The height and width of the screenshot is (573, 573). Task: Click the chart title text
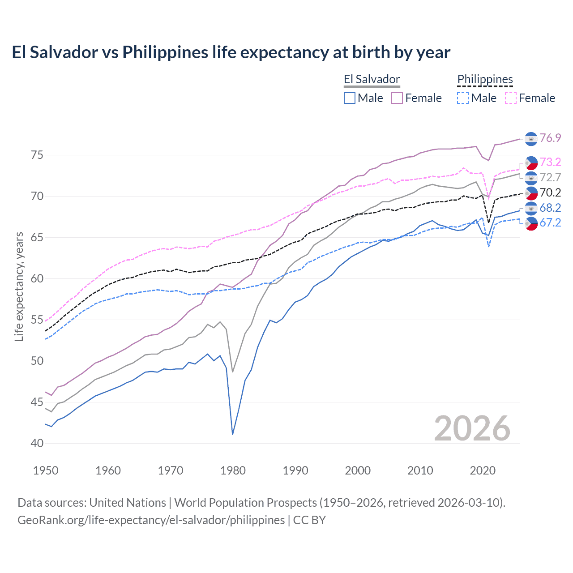(231, 52)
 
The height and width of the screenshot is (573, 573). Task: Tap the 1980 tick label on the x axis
(233, 470)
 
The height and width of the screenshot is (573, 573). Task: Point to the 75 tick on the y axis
(37, 155)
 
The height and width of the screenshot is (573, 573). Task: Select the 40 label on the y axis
(37, 443)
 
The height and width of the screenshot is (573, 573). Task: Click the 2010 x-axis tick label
(420, 470)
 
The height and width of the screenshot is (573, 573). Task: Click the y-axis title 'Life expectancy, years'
(19, 286)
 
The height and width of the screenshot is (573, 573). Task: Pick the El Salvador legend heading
(372, 79)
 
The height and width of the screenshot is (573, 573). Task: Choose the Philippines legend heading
(485, 79)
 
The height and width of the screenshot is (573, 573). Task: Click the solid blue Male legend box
(350, 98)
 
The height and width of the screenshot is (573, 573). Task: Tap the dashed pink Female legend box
(511, 98)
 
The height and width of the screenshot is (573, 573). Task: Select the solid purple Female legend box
(397, 98)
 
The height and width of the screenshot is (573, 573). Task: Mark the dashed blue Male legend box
(463, 98)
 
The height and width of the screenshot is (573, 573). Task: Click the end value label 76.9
(550, 138)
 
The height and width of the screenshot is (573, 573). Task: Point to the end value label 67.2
(550, 222)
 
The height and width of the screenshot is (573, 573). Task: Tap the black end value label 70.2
(550, 192)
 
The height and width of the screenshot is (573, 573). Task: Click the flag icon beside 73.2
(531, 162)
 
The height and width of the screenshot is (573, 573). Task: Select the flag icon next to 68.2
(531, 208)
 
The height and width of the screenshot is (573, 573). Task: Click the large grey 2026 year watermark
(472, 428)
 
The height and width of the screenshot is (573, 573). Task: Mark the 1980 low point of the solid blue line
(233, 434)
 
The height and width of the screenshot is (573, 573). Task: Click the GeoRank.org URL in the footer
(151, 520)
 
